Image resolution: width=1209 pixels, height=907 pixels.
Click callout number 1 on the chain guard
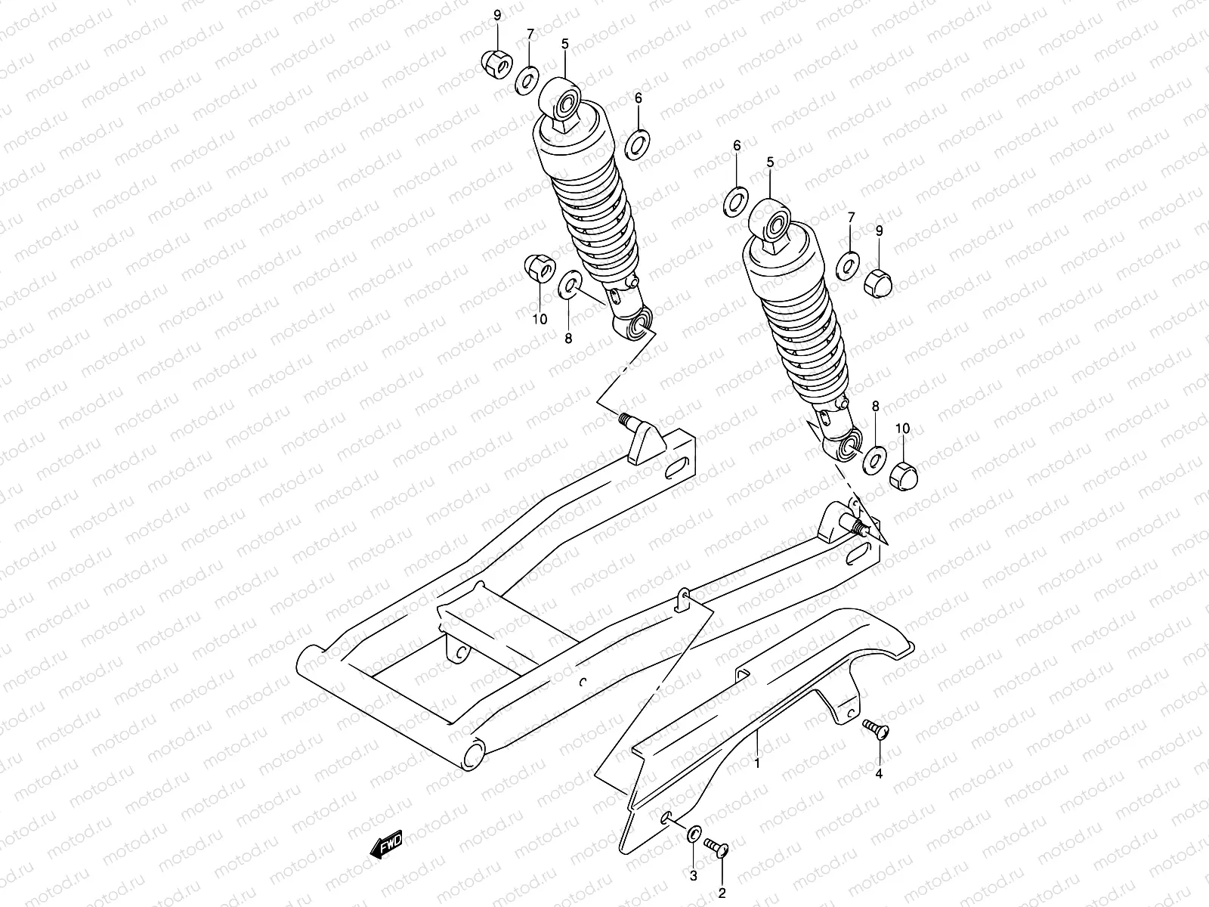(756, 763)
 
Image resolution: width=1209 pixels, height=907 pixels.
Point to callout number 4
(879, 773)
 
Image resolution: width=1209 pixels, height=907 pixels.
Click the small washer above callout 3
(693, 835)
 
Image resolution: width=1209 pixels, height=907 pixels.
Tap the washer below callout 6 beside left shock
(639, 141)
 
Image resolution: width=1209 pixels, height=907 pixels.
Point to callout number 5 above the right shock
(770, 163)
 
